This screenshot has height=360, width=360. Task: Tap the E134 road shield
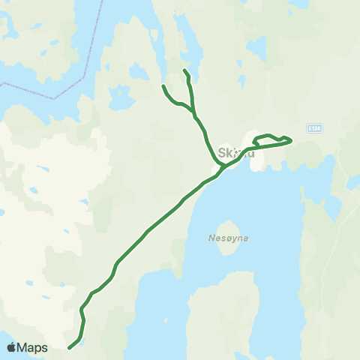(314, 128)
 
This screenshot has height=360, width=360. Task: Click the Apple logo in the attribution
(11, 347)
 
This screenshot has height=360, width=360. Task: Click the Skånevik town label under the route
(235, 153)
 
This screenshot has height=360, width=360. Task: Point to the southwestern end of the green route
(69, 347)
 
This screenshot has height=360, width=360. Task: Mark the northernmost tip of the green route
(184, 70)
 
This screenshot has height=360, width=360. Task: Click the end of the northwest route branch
(163, 87)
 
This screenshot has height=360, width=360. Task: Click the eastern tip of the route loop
(290, 139)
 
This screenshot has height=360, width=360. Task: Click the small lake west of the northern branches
(139, 72)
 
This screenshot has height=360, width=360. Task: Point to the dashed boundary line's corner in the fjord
(54, 97)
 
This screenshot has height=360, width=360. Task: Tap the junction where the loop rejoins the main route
(255, 145)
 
